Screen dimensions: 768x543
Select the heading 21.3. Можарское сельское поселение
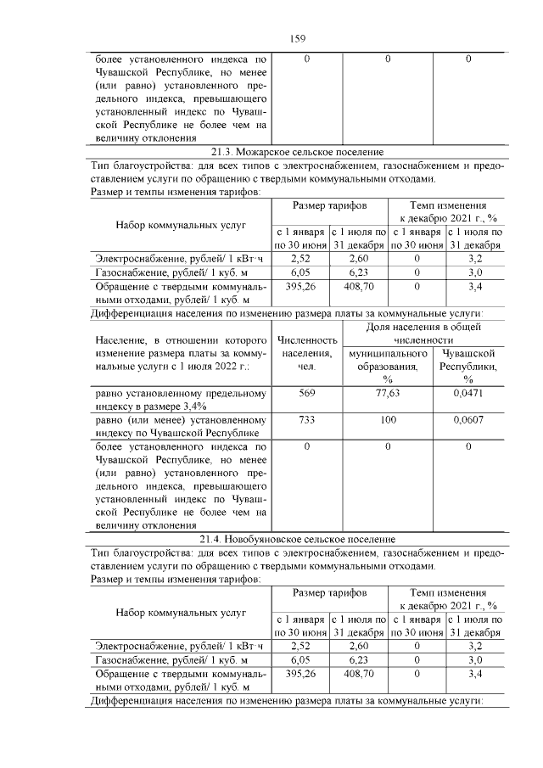pyautogui.click(x=296, y=151)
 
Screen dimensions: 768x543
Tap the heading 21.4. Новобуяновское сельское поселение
pyautogui.click(x=296, y=540)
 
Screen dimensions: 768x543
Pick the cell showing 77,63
pyautogui.click(x=387, y=394)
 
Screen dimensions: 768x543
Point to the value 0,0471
pyautogui.click(x=468, y=394)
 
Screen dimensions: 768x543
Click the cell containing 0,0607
pyautogui.click(x=468, y=420)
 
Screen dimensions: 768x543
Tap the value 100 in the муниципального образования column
pyautogui.click(x=387, y=420)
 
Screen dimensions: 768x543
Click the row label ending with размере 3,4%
pyautogui.click(x=180, y=400)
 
